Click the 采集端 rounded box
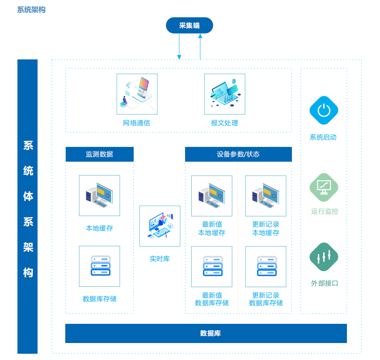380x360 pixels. [189, 25]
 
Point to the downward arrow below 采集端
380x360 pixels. [179, 47]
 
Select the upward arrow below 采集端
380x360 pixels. [200, 47]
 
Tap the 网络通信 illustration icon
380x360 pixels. [137, 94]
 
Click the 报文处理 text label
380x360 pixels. [224, 123]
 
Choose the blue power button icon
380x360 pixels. [324, 110]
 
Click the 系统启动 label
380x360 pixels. [323, 137]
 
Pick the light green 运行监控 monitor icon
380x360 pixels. [324, 187]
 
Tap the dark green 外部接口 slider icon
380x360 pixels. [324, 257]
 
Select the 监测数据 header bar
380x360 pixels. [100, 154]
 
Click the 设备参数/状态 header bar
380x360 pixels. [238, 154]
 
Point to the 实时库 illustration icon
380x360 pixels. [160, 226]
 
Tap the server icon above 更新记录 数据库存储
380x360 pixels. [266, 266]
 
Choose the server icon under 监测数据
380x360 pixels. [99, 266]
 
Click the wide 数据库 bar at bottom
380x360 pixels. [206, 333]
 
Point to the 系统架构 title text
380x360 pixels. [31, 9]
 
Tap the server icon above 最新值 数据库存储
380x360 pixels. [211, 266]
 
